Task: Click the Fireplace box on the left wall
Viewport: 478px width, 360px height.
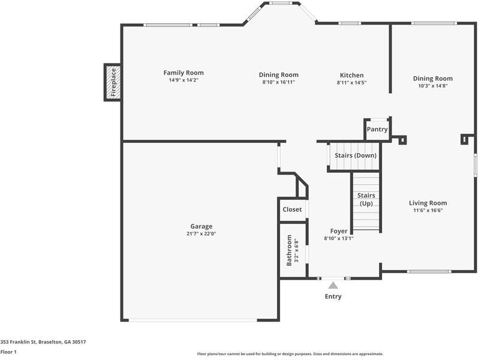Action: (x=112, y=82)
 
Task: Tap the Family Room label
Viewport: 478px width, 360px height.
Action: (x=183, y=73)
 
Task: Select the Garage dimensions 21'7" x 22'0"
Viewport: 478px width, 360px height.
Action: (x=201, y=233)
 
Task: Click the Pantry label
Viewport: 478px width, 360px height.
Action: (x=377, y=129)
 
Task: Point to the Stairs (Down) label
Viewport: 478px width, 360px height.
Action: (x=355, y=155)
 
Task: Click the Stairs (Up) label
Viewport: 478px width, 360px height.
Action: (x=366, y=199)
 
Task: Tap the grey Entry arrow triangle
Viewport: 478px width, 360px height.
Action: (x=333, y=286)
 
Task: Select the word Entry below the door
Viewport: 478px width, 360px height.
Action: (x=333, y=296)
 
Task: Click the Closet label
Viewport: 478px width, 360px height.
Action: (x=292, y=209)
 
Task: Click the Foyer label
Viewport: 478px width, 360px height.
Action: (x=339, y=231)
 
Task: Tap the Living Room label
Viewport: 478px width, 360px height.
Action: (x=428, y=203)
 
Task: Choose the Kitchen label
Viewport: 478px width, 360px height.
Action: (x=351, y=75)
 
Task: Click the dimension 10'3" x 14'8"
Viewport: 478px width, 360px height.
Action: (x=432, y=86)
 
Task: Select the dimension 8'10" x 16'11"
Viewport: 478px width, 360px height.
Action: (x=278, y=82)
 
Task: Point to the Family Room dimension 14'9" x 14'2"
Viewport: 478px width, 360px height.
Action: (x=183, y=80)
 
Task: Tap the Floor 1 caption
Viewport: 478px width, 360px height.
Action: (x=8, y=352)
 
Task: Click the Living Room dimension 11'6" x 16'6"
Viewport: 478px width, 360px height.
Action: (x=428, y=211)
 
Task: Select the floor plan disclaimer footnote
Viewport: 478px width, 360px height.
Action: (x=290, y=354)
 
